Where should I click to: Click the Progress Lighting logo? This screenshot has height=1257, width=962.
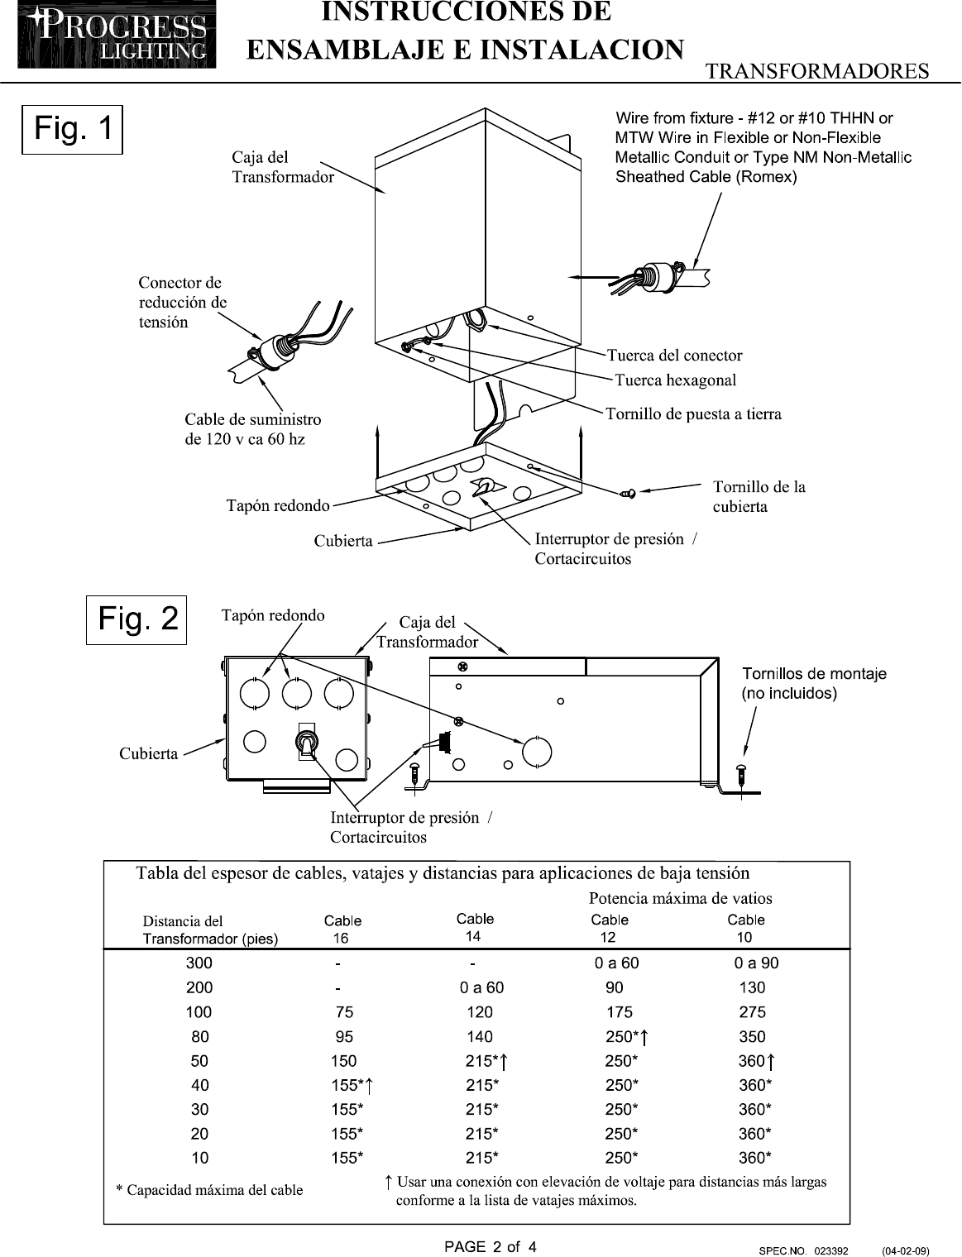117,35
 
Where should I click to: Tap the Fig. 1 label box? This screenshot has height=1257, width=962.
72,130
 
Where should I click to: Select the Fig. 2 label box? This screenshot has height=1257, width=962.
136,620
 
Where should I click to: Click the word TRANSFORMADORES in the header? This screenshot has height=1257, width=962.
817,71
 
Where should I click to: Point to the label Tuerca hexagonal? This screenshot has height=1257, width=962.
675,380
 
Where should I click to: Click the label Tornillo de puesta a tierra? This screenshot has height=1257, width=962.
693,413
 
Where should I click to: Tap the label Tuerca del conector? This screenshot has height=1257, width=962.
674,355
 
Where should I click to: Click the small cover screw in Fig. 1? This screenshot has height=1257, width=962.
629,493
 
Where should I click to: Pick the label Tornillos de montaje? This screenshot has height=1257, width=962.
814,673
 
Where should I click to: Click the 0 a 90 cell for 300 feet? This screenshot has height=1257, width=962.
756,963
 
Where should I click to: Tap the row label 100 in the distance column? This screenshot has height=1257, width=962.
199,1012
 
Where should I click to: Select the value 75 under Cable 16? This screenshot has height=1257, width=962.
344,1012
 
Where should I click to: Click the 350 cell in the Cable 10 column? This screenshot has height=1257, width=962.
752,1036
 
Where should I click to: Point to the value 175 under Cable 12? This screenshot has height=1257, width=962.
620,1012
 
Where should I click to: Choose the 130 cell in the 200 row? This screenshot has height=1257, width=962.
752,987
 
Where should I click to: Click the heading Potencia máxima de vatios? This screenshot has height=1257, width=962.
680,898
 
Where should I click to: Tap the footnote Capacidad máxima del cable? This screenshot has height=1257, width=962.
209,1189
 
